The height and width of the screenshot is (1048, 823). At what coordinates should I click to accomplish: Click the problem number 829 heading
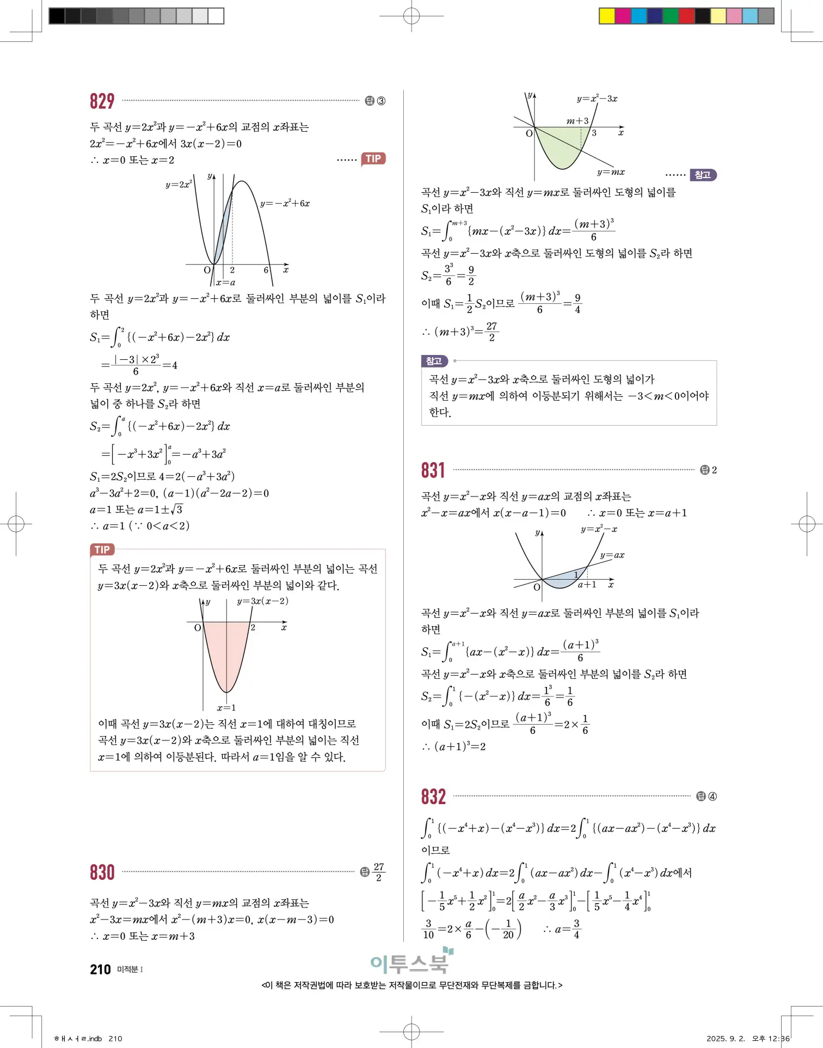tap(102, 101)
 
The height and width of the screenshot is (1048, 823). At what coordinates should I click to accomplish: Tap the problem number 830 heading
tap(102, 872)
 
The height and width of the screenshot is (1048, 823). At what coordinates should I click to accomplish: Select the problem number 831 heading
tap(433, 470)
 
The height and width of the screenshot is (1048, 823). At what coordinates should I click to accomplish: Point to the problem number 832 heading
tap(433, 797)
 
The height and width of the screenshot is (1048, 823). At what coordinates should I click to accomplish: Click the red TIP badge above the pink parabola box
tap(102, 550)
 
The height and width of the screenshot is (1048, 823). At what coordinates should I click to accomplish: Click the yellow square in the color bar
tap(606, 16)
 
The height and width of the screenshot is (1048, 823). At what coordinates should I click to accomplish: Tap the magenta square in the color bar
tap(623, 16)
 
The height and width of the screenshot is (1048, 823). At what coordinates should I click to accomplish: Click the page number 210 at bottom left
tap(100, 970)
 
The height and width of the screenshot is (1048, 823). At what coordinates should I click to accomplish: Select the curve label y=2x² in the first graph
tap(179, 185)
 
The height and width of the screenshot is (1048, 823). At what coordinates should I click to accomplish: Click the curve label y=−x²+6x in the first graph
tap(285, 204)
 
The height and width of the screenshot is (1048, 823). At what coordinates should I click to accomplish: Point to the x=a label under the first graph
tap(225, 283)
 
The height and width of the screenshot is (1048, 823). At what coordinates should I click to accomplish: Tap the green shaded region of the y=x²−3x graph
tap(558, 147)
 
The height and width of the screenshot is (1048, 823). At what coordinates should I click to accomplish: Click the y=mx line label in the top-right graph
tap(611, 172)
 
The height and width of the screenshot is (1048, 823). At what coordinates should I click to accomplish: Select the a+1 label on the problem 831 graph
tap(587, 585)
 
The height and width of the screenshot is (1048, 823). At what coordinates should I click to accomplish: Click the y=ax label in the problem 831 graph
tap(612, 555)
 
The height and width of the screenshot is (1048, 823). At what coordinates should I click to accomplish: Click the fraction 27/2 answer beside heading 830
tap(379, 872)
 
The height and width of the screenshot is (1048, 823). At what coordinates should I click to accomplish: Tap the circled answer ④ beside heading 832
tap(712, 797)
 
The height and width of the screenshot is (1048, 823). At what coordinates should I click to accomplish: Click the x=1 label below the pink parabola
tap(226, 708)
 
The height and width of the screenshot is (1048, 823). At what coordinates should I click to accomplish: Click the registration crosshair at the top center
tap(411, 16)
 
